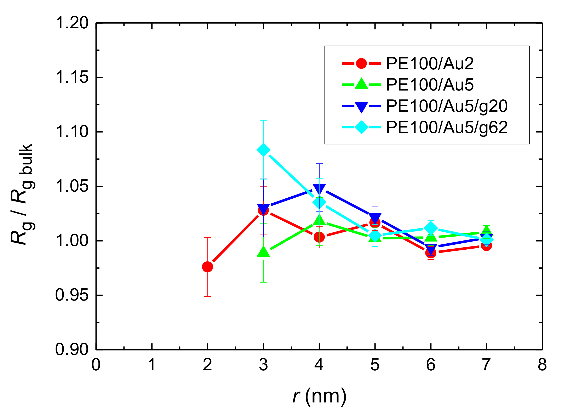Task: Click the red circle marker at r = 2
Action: coord(207,267)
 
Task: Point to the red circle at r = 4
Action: coord(319,237)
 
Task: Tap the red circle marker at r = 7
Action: coord(486,245)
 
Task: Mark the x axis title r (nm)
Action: coord(319,396)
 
